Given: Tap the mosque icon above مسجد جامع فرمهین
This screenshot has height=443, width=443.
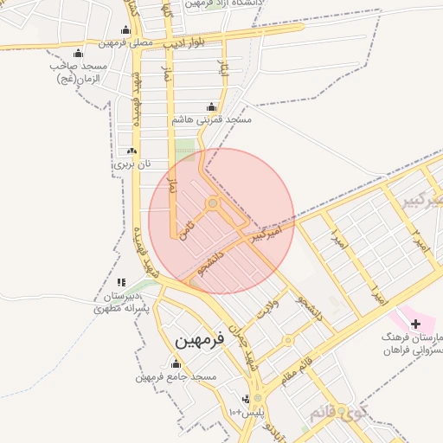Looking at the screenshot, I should pos(177,364).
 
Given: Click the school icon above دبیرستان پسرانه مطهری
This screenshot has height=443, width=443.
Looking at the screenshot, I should pos(121,282).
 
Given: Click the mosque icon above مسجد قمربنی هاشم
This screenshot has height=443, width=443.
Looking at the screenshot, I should pos(212,107).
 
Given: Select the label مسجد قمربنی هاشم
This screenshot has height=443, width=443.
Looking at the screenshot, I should pos(212,119).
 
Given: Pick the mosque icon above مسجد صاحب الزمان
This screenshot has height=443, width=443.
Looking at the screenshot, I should pos(80,54).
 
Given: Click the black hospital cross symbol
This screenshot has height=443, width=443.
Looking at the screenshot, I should pos(416,323).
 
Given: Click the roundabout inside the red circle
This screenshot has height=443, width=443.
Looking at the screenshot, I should pos(212,204).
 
